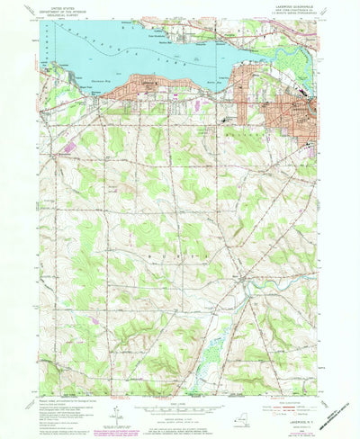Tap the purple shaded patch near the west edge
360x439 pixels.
point(67,144)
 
